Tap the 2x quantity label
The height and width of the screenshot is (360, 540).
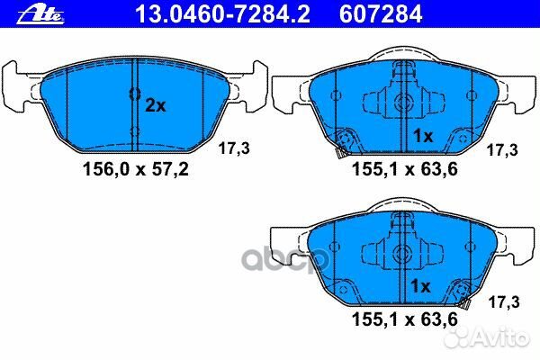tap(156, 105)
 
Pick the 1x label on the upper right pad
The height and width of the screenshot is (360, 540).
tap(423, 136)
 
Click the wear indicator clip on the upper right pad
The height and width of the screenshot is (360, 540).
tap(343, 140)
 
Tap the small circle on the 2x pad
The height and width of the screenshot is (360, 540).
tap(132, 93)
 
